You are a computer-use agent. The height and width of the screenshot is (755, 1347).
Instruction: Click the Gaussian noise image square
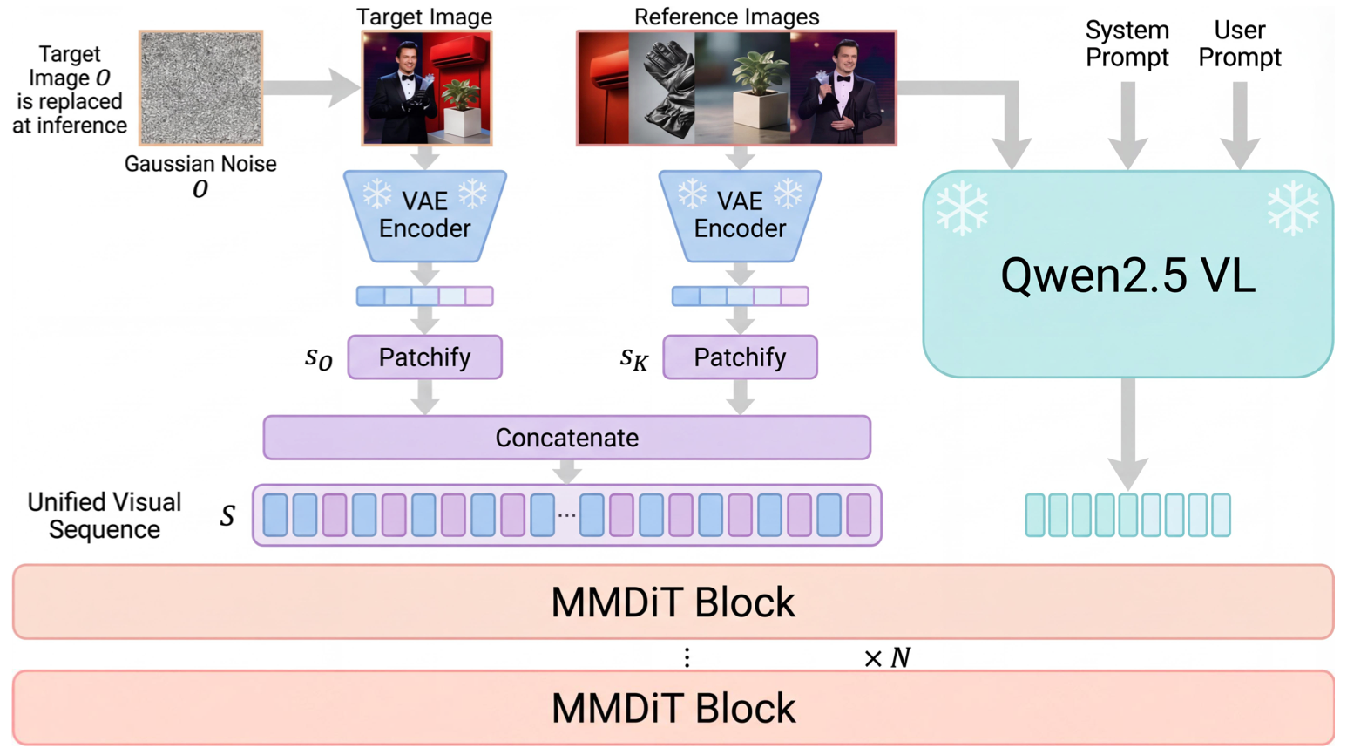tap(201, 88)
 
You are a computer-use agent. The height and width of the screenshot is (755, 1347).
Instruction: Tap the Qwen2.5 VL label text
tap(1127, 275)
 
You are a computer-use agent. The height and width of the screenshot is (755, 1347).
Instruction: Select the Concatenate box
tap(566, 438)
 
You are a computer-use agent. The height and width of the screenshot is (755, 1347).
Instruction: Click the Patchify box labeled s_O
tap(424, 357)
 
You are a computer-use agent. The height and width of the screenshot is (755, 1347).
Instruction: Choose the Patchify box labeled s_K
tap(740, 357)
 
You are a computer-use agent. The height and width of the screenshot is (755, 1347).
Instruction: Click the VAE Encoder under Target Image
tap(424, 215)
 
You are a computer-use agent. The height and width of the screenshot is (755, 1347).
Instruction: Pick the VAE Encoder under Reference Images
tap(740, 215)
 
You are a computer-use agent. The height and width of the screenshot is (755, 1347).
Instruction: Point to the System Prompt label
tap(1127, 44)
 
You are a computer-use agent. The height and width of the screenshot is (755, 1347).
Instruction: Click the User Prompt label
tap(1239, 44)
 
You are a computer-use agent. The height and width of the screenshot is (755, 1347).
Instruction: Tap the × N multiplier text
tap(887, 657)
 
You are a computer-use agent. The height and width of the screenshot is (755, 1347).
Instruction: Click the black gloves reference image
tap(662, 88)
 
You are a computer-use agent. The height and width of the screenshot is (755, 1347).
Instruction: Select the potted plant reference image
tap(742, 88)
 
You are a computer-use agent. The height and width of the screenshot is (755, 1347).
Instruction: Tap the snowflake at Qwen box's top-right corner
tap(1293, 208)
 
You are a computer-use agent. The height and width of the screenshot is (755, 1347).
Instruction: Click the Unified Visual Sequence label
tap(104, 515)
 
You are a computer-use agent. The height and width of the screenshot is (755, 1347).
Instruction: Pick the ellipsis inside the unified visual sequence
tap(567, 515)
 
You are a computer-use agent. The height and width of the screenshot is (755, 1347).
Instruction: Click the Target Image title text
tap(424, 17)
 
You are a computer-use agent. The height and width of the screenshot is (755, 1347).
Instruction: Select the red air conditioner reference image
tap(603, 88)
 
